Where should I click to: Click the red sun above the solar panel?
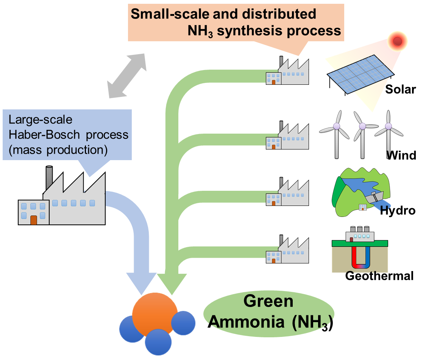(397, 41)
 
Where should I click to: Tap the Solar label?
(400, 89)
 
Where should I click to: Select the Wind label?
(401, 155)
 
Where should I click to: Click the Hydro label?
(398, 210)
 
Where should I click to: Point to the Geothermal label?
(379, 276)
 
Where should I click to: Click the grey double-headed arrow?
(126, 76)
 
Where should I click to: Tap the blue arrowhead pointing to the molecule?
(140, 282)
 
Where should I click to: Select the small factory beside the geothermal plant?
(288, 252)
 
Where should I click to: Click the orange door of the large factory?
(34, 220)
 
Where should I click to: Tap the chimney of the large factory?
(49, 178)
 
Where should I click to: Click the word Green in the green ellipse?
(268, 301)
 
